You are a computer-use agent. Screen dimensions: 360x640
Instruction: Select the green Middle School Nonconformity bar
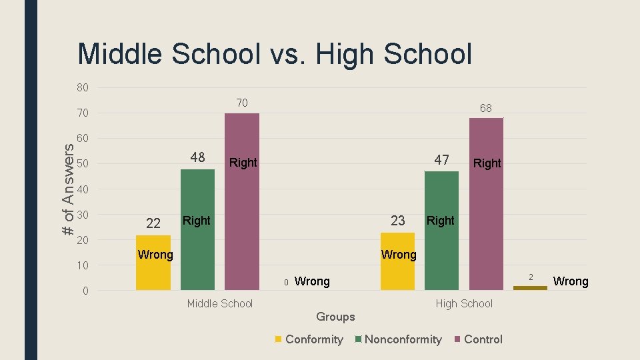tap(197, 229)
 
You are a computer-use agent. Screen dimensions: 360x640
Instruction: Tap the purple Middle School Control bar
tap(242, 201)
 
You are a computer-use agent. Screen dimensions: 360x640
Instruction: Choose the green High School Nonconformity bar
tap(441, 231)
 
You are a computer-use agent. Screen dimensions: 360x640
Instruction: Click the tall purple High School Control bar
tap(486, 204)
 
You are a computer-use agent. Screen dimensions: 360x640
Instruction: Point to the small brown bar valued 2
tap(530, 287)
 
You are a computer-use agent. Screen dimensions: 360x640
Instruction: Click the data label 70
tap(242, 103)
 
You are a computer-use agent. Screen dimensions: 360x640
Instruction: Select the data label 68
tap(486, 107)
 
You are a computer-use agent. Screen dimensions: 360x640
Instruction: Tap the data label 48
tap(197, 158)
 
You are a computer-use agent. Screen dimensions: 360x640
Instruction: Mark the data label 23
tap(397, 221)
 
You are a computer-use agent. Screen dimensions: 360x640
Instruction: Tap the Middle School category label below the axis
tap(220, 304)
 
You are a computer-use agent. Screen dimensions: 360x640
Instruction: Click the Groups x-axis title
tap(335, 317)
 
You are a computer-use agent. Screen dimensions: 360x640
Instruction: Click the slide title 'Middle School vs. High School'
tap(275, 54)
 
